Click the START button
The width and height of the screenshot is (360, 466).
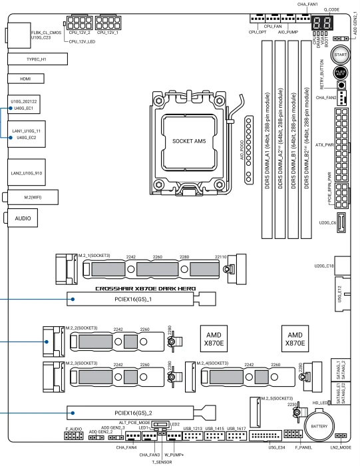coord(340,55)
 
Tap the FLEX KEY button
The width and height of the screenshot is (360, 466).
coord(341,72)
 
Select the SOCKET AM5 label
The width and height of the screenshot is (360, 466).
coord(189,141)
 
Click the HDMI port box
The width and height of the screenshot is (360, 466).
coord(26,79)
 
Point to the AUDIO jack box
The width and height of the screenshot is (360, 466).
coord(23,218)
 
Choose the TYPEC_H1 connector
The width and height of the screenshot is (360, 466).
coord(37,59)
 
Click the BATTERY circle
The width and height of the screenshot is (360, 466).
coord(319,425)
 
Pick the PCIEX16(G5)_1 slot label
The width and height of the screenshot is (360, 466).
coord(133,300)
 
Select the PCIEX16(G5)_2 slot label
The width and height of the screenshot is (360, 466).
coord(133,413)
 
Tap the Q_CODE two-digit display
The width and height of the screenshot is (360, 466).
coord(322,23)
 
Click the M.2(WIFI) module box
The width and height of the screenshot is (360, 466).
coord(33,197)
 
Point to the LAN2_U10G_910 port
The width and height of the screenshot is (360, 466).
coord(27,172)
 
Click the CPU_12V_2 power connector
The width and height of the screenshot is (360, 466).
coord(80,23)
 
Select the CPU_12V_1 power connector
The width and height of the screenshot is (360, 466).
coord(108,23)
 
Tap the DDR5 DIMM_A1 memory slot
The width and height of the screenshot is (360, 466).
coord(267,140)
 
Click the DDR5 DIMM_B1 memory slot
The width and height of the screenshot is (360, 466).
coord(293,140)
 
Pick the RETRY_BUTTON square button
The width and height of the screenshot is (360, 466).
coord(341,85)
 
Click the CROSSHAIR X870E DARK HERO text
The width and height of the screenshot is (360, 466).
coord(146,288)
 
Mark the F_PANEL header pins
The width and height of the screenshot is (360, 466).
coord(293,434)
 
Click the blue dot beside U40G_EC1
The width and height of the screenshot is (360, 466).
coord(11,108)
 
